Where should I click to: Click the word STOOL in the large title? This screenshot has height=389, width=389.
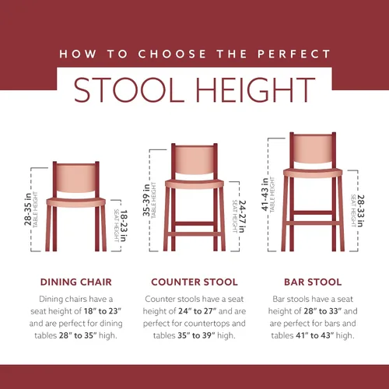[129, 89]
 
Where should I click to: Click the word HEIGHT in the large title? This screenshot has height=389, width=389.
[255, 89]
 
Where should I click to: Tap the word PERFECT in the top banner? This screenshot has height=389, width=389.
[294, 54]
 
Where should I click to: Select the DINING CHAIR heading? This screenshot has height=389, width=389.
[76, 282]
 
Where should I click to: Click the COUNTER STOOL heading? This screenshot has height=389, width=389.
[194, 282]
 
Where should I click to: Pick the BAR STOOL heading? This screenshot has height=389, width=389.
[313, 282]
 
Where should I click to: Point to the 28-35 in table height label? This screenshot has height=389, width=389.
[28, 209]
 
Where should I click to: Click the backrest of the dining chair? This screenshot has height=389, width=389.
[75, 178]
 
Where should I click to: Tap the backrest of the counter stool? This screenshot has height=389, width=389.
[194, 159]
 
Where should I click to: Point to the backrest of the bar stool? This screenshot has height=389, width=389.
[313, 149]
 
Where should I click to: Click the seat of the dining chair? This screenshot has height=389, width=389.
[76, 202]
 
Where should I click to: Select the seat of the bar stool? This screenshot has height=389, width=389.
[313, 173]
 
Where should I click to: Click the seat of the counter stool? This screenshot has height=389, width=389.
[194, 184]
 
